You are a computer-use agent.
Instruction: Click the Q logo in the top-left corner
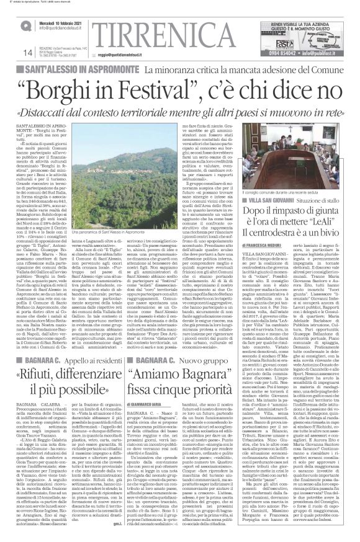coord(9,24)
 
